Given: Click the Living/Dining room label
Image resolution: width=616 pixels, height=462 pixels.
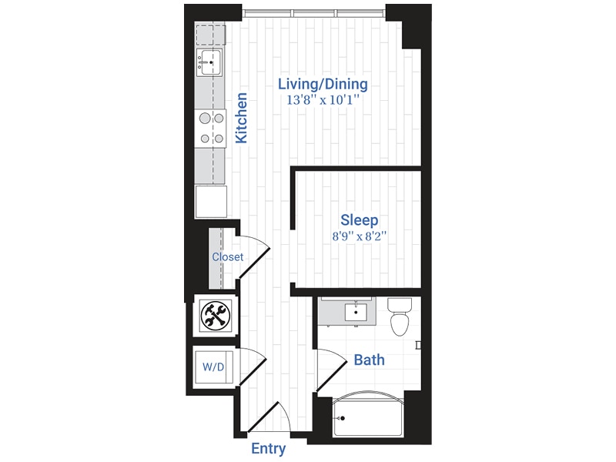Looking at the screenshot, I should (x=323, y=84).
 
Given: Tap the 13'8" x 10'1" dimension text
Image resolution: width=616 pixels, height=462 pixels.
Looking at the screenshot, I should (x=323, y=100).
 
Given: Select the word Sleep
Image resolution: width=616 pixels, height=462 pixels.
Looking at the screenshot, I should (x=360, y=221).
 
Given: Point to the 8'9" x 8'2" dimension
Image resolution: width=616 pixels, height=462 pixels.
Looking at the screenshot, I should (x=359, y=237).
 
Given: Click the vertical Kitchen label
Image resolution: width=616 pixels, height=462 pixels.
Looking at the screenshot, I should (x=242, y=118).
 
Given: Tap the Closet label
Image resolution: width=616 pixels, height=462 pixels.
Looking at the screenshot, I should (x=228, y=257).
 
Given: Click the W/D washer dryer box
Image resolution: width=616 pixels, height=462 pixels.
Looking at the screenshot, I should (x=213, y=367).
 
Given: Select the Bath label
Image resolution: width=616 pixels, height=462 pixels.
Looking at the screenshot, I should (x=369, y=360).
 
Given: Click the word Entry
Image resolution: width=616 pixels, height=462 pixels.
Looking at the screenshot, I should (x=269, y=449).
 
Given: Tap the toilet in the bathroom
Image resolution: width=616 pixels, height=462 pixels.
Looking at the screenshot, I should (x=399, y=319).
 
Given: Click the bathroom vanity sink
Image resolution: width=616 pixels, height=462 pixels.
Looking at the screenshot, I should (x=356, y=313).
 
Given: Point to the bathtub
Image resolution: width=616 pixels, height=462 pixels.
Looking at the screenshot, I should (x=367, y=418).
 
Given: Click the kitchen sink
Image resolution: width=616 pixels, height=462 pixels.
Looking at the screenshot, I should (x=209, y=60).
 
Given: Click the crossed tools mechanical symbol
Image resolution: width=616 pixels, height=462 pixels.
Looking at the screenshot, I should (x=213, y=314).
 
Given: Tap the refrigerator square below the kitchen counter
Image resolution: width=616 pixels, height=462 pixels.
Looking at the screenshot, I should (x=210, y=201).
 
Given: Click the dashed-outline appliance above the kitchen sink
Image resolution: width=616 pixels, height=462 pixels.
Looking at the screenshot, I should (x=210, y=35).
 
